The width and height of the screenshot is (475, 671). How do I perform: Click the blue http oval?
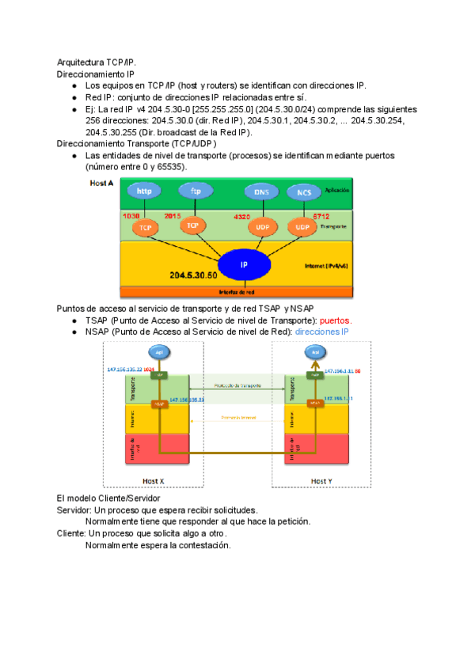[144, 191]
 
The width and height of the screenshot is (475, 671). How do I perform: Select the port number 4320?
[243, 216]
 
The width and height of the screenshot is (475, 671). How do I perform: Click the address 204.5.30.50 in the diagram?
[192, 275]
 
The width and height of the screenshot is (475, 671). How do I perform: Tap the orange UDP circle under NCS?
[302, 227]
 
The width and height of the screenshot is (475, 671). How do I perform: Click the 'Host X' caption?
[153, 481]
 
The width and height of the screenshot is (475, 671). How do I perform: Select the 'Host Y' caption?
[321, 481]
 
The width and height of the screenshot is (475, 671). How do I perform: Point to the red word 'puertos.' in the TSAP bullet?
[335, 320]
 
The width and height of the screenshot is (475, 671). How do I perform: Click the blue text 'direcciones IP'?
[321, 332]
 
